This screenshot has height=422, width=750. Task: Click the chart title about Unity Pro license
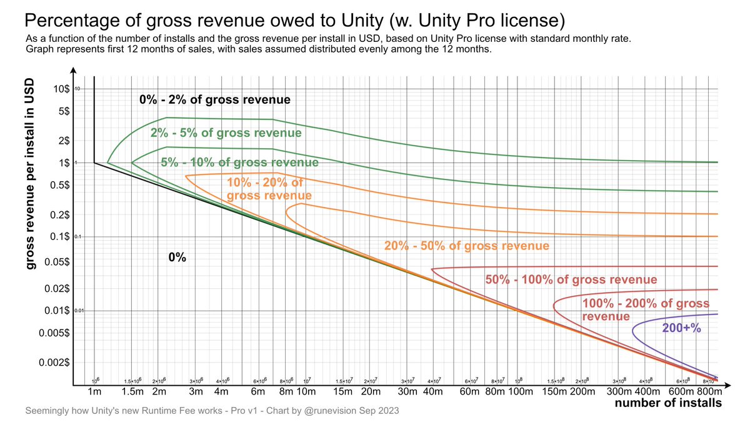coord(294,20)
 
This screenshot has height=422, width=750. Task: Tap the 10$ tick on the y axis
coord(60,89)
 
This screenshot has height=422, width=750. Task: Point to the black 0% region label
coord(178,258)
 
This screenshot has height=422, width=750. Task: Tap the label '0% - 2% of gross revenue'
coord(214,99)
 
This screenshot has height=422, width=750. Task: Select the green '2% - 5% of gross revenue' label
coord(226,133)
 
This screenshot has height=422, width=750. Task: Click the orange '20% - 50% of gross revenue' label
coord(466,246)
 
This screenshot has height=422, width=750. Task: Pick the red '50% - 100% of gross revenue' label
coord(571,279)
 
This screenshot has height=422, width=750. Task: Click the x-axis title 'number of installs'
coord(668,404)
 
